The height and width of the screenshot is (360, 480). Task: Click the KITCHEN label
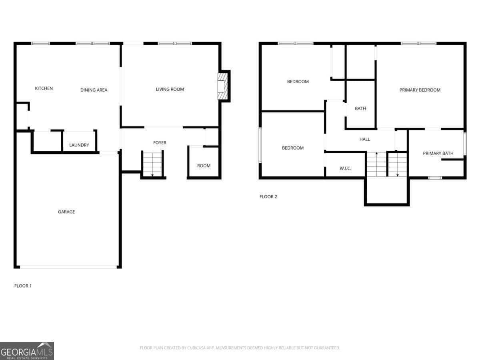44,88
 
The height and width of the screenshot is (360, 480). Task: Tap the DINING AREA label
94,90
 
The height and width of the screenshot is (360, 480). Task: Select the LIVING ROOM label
170,89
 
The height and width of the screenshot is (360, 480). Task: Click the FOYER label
160,143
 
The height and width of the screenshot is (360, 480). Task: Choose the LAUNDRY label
79,145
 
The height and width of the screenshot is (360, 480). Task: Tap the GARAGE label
66,212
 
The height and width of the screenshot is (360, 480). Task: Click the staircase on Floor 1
152,164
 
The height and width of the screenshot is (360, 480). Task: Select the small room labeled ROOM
204,166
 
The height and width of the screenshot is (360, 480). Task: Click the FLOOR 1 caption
23,286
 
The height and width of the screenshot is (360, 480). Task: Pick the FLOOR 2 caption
268,196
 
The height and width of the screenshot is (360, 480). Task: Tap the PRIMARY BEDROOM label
420,90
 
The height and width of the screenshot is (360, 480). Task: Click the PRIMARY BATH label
438,153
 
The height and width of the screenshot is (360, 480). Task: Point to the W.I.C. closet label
345,168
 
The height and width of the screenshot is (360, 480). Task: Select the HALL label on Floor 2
364,139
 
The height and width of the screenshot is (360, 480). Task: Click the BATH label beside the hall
360,108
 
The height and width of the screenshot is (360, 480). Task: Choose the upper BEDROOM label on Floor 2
298,82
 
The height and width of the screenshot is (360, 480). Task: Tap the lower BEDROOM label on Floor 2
292,148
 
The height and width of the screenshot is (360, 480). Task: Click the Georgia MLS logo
27,351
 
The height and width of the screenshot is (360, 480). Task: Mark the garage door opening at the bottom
68,267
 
